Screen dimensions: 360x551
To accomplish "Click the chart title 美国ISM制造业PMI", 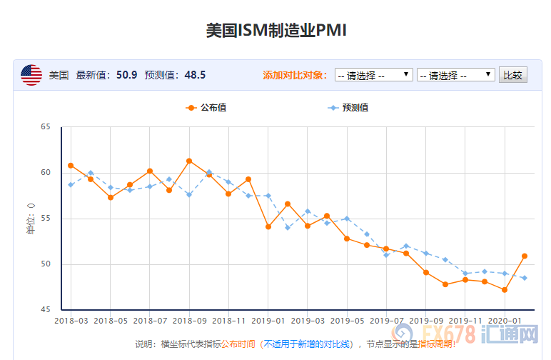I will [x=275, y=30].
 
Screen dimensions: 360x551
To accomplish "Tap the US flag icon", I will [x=31, y=75].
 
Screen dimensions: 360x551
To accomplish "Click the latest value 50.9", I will [x=127, y=75].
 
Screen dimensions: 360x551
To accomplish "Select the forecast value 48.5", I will [x=195, y=75].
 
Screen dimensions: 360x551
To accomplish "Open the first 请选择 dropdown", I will [x=373, y=75].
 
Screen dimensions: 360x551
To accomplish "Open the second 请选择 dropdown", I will [x=455, y=75].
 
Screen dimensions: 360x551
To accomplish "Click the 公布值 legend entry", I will [x=206, y=108].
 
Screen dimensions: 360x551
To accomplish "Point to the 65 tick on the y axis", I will [x=46, y=127].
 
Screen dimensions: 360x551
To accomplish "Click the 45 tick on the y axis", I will [x=46, y=310].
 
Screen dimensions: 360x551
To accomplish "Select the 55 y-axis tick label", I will [x=46, y=219].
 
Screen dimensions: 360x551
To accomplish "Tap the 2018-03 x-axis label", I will [x=71, y=321].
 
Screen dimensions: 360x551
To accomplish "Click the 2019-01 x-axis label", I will [x=268, y=321].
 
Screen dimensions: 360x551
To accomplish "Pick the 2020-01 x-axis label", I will [x=505, y=321].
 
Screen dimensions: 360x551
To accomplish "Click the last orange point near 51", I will [x=525, y=256].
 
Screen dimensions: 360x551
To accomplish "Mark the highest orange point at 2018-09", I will [x=189, y=161].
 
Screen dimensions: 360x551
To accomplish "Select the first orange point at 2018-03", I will [x=71, y=166].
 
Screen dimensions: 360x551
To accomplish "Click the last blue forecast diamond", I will [x=525, y=278].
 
